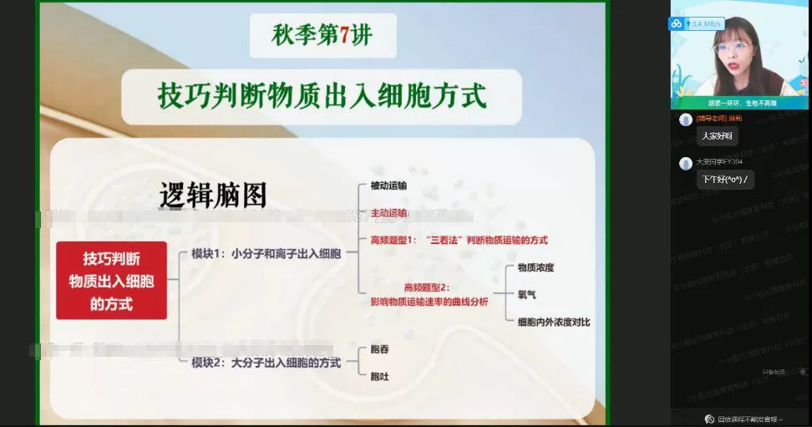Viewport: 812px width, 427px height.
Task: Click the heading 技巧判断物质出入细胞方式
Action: coord(322,95)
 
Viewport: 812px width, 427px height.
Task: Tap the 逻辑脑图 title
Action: coord(213,195)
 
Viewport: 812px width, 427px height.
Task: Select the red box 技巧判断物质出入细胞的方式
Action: coord(111,281)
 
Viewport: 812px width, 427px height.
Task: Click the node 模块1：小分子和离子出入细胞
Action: coord(266,253)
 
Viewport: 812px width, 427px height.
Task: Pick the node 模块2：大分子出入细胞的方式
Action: coord(266,362)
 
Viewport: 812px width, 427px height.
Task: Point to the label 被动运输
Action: coord(388,186)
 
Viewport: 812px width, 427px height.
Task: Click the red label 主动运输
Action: coord(388,213)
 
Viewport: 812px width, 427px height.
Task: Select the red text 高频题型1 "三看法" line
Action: coord(459,240)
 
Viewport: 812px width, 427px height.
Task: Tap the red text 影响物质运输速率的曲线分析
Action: coord(429,302)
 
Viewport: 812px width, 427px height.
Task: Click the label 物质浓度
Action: coord(535,268)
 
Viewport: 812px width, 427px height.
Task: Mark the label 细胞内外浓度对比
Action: coord(553,321)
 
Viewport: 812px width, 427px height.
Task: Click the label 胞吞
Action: coord(379,349)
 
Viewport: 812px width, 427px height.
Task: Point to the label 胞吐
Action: coord(379,376)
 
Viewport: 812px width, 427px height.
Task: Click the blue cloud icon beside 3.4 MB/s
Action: coord(676,23)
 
